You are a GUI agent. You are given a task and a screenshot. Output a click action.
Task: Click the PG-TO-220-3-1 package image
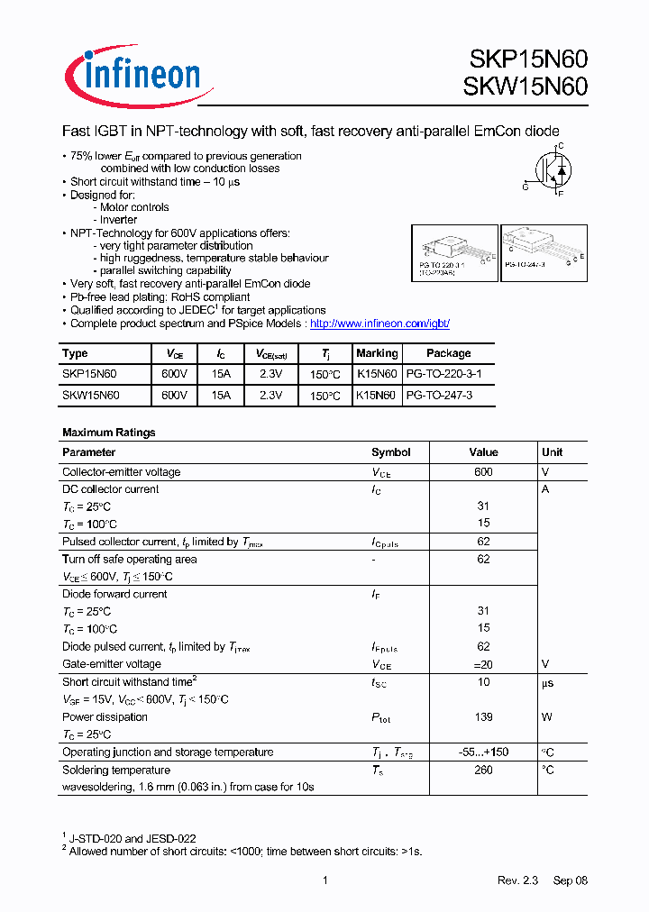[x=454, y=254]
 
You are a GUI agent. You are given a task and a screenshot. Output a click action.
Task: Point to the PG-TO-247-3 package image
[x=544, y=250]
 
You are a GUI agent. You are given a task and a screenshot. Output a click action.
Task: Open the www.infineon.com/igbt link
[x=379, y=323]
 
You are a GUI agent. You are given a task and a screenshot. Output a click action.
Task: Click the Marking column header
[x=377, y=353]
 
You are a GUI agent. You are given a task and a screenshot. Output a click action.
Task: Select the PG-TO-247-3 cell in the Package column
[x=439, y=395]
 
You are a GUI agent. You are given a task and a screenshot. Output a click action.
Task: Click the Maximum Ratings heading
[x=108, y=433]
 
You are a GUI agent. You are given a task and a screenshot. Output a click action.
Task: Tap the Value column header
[x=483, y=452]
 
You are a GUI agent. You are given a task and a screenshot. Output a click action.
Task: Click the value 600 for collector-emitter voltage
[x=483, y=472]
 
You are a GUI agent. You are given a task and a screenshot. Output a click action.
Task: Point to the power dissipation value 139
[x=483, y=717]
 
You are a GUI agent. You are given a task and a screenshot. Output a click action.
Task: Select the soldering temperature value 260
[x=483, y=770]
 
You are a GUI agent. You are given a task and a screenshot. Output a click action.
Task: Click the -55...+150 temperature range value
[x=483, y=752]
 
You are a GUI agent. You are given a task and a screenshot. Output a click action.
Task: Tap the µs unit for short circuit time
[x=549, y=682]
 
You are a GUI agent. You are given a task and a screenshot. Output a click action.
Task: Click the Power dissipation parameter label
[x=105, y=717]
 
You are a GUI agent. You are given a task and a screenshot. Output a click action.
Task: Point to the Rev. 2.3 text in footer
[x=517, y=880]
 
